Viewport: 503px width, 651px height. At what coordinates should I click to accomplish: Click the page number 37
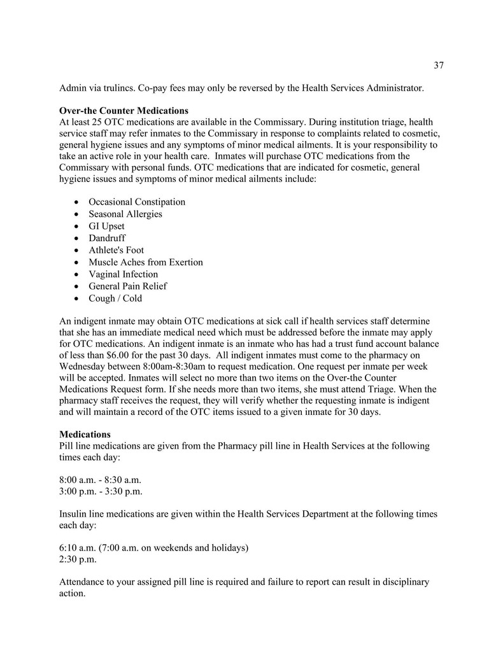(438, 65)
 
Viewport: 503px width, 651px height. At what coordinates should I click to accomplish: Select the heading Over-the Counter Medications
(124, 111)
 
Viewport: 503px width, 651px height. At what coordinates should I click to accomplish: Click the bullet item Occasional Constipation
(137, 202)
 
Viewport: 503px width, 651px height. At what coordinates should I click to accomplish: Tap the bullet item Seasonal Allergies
(125, 214)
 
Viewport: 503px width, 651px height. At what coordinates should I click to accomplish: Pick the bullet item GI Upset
(106, 226)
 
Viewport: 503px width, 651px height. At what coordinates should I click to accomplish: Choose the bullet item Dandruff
(107, 238)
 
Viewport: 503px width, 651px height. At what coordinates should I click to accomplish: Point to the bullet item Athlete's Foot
(116, 250)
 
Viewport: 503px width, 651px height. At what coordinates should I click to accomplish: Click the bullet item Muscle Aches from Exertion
(146, 262)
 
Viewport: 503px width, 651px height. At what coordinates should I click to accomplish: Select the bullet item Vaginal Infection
(123, 274)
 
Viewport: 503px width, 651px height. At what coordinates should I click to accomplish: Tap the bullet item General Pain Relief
(127, 286)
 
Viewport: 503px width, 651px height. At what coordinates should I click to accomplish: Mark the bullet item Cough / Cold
(115, 298)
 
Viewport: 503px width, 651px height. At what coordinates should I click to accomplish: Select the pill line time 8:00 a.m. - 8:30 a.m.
(100, 480)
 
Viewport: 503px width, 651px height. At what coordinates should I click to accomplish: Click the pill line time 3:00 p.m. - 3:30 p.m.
(100, 492)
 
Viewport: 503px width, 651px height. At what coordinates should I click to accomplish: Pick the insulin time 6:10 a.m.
(78, 547)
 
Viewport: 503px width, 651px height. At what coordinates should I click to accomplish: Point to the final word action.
(72, 594)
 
